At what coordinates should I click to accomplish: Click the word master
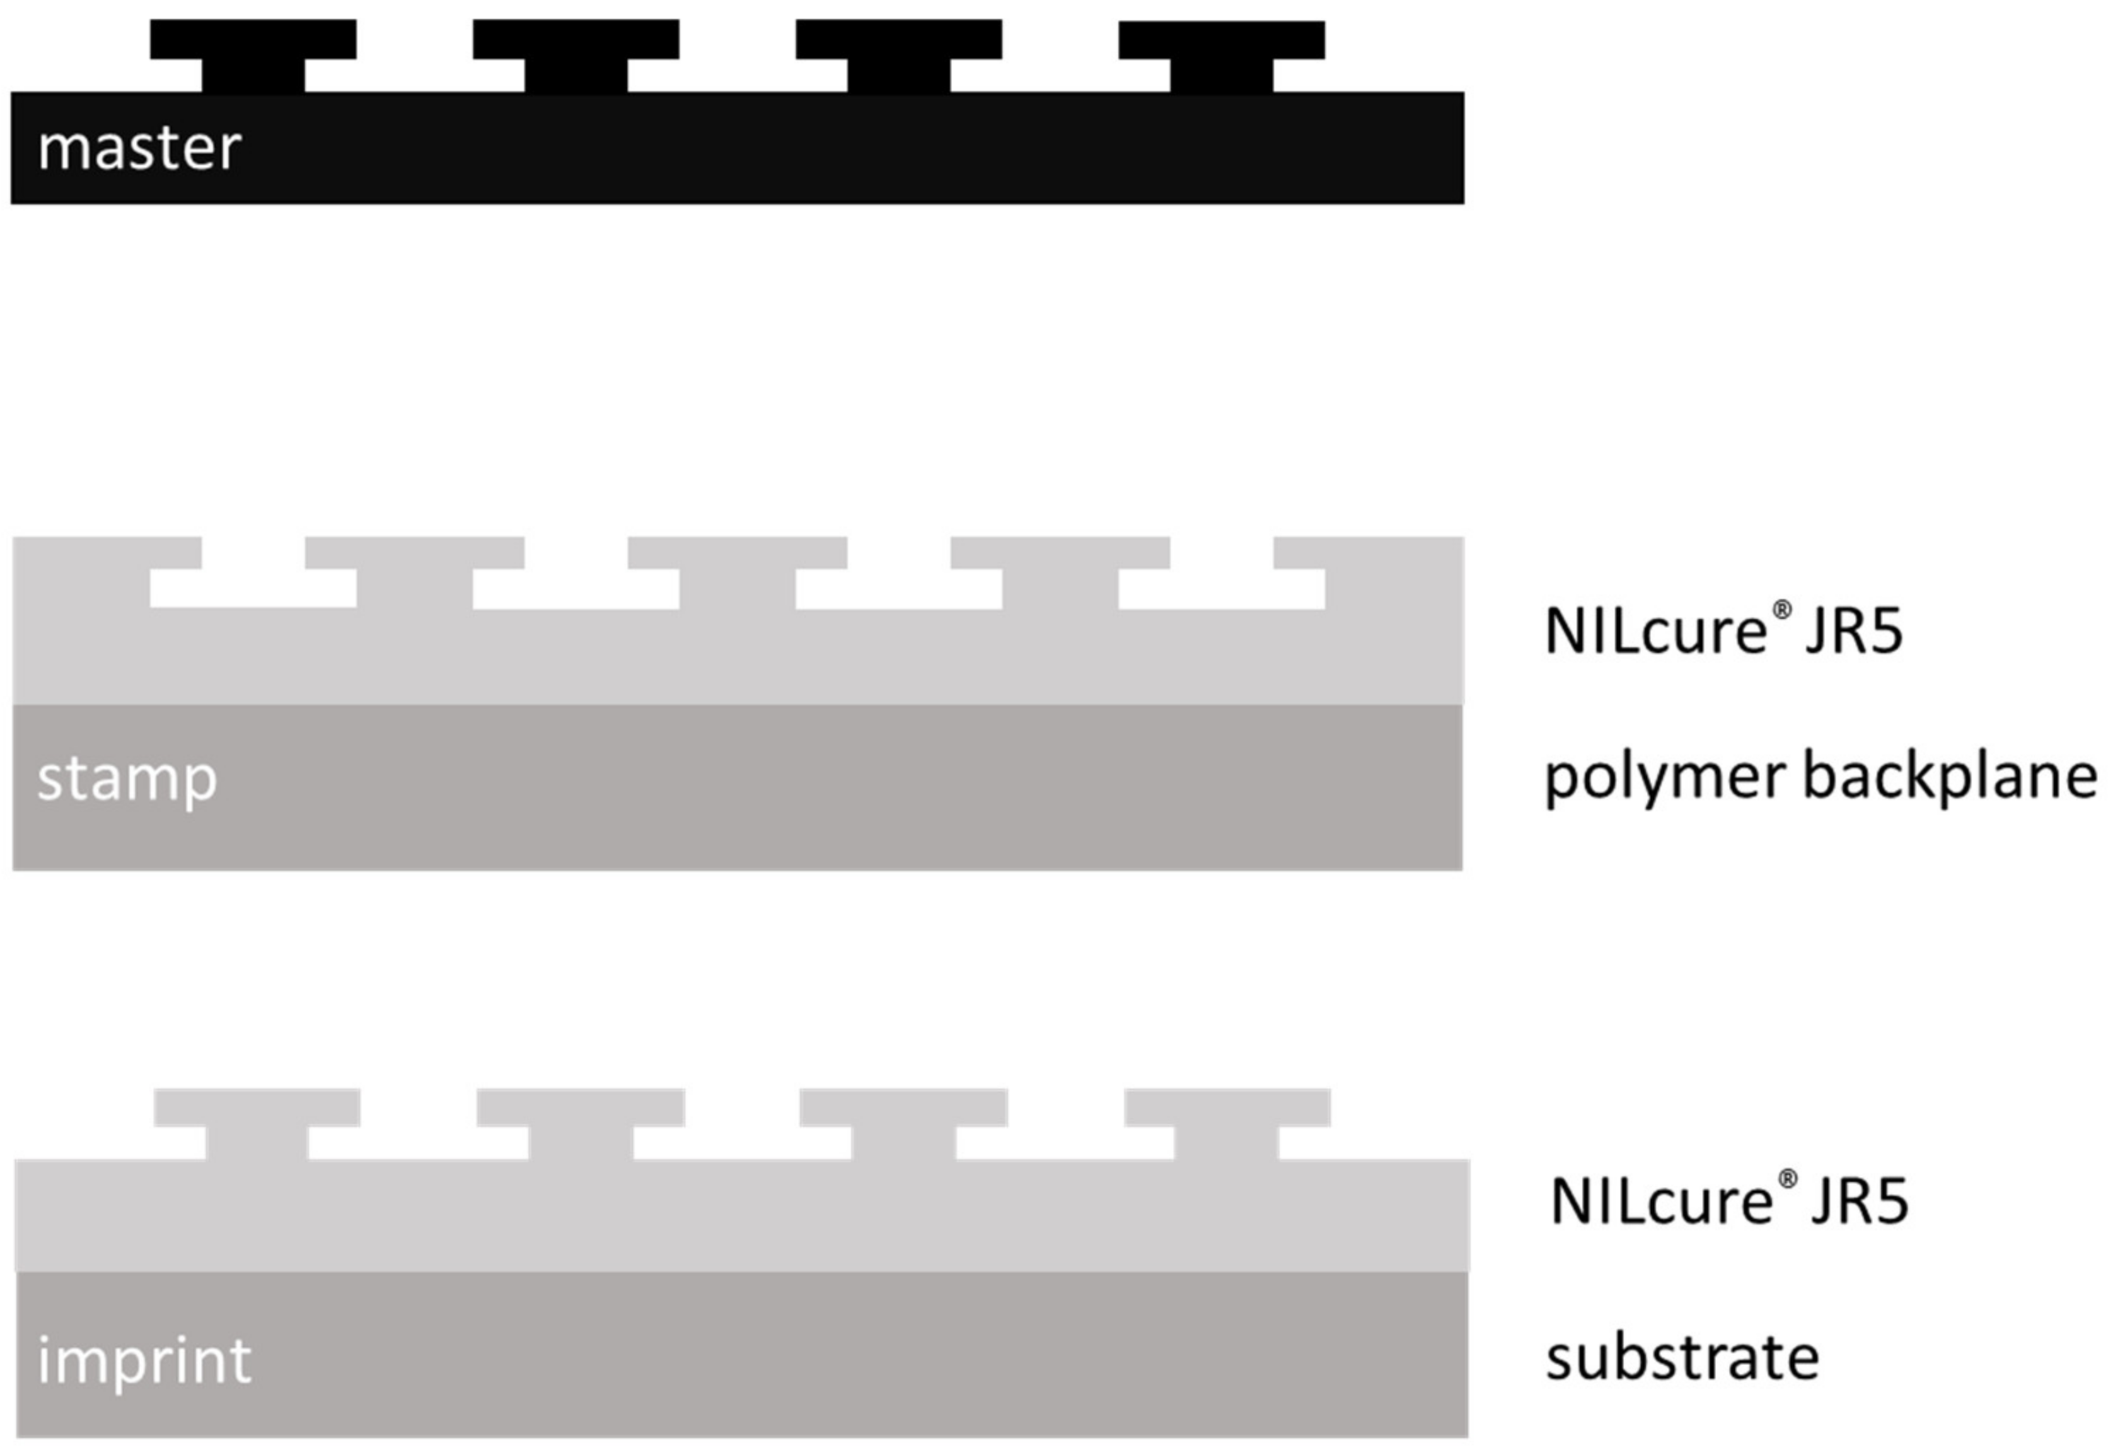(139, 148)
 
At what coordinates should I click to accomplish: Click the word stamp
(127, 779)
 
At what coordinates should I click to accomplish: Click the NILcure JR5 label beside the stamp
(1723, 631)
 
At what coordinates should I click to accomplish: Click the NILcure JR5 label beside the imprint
(1728, 1202)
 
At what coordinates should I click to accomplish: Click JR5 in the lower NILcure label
(1860, 1202)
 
